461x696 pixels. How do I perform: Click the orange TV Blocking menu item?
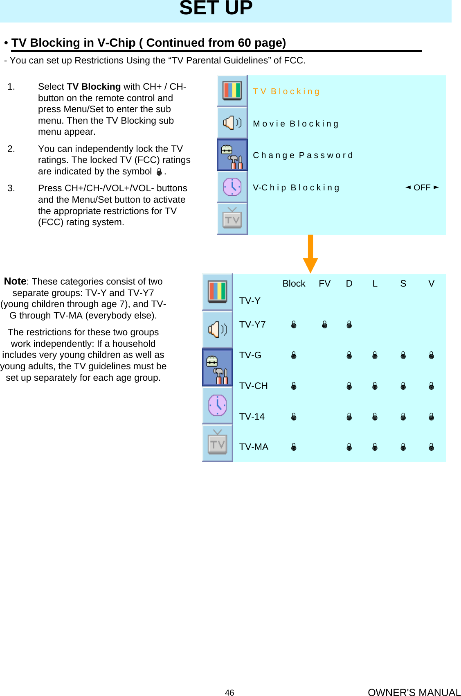[x=286, y=91]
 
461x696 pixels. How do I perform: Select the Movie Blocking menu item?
[x=295, y=124]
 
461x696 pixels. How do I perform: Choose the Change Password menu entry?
[x=303, y=155]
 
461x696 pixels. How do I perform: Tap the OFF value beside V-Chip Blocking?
[x=422, y=188]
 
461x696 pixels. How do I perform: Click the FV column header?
[x=324, y=283]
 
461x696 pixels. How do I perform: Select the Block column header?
[x=294, y=283]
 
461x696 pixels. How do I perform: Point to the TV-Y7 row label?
[x=252, y=324]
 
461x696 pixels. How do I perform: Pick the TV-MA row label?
[x=254, y=447]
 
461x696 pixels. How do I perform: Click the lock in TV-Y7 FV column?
[x=324, y=325]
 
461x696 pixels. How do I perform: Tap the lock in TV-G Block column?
[x=294, y=355]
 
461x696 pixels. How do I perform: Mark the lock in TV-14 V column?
[x=431, y=417]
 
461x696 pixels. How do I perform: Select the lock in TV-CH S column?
[x=403, y=386]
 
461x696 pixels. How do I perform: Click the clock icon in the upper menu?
[x=232, y=187]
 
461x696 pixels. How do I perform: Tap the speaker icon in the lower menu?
[x=218, y=329]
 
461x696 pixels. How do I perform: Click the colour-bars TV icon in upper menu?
[x=232, y=90]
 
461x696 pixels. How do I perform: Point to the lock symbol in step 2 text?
[x=159, y=172]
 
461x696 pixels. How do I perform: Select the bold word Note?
[x=15, y=281]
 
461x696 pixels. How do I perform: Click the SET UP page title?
[x=216, y=8]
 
